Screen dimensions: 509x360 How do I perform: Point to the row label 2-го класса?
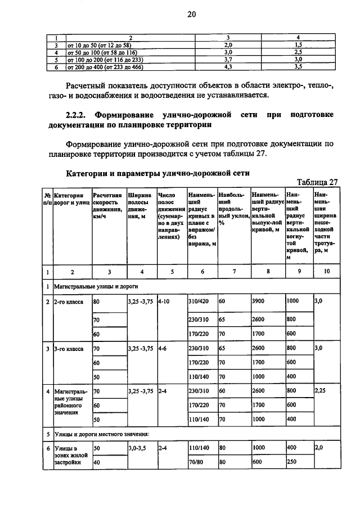69,301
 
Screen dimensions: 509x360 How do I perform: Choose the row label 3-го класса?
69,349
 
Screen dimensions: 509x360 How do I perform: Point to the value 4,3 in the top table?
228,67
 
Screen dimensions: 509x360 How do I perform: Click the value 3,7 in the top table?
228,59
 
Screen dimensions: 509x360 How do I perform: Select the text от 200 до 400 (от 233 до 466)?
105,67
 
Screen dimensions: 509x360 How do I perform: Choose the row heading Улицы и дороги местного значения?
101,434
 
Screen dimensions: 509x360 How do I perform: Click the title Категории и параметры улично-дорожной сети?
157,172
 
